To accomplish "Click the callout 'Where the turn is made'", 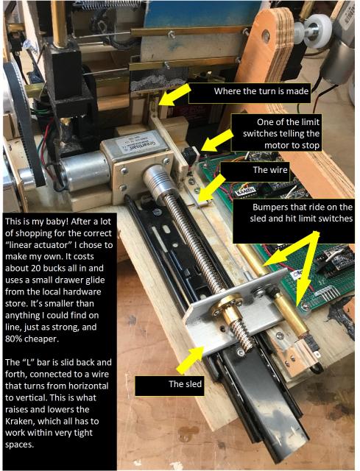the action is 261,91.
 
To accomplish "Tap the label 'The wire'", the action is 270,170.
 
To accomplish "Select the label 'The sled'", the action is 185,384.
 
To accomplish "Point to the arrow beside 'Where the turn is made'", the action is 173,95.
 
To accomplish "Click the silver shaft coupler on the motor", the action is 155,180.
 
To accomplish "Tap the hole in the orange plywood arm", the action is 266,36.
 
